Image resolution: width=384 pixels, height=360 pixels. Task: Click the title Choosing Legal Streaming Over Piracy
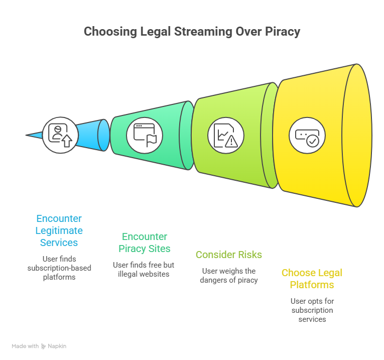[192, 32]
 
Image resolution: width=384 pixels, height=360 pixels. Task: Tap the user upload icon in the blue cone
[60, 135]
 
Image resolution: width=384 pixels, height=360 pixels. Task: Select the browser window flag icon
[144, 135]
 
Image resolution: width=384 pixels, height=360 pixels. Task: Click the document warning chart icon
[225, 135]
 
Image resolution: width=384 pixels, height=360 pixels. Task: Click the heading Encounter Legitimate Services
[59, 230]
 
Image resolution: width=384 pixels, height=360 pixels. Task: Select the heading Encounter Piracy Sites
[145, 243]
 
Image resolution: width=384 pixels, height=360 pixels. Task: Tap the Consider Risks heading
[229, 255]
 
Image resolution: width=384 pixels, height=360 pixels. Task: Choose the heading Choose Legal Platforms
[312, 279]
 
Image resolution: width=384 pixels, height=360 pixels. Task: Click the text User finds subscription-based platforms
[59, 268]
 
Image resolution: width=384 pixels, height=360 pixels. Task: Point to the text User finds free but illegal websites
[145, 269]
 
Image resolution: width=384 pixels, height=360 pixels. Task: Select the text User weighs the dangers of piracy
[229, 276]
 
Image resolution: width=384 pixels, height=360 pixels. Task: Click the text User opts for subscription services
[312, 310]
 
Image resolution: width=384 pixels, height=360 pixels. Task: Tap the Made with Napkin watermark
[39, 346]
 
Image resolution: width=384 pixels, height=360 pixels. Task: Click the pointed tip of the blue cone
[28, 135]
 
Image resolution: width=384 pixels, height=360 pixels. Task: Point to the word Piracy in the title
[281, 32]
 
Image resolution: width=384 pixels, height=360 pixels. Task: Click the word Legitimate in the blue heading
[59, 230]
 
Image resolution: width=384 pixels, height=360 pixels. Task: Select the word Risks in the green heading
[248, 255]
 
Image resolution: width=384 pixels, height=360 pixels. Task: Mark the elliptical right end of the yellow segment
[357, 135]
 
